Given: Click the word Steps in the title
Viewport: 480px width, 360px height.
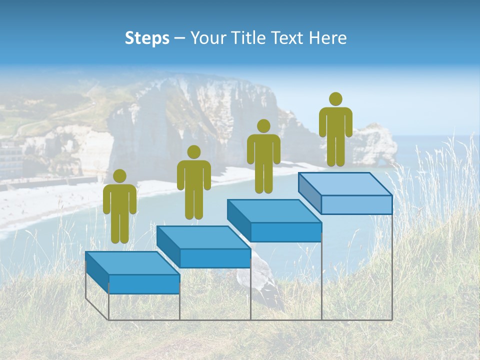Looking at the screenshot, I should pos(147,38).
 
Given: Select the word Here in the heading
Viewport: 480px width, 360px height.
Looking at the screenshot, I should pos(327,38).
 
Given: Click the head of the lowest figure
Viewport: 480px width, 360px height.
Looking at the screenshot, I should pos(119,176).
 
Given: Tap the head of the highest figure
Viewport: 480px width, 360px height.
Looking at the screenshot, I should pos(335,99).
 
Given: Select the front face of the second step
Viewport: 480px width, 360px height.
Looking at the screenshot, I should pos(215,258).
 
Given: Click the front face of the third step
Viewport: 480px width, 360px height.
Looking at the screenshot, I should pos(285,232).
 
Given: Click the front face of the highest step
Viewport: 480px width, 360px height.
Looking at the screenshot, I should pos(356,205).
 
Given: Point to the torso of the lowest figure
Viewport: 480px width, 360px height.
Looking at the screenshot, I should pos(119,200).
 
